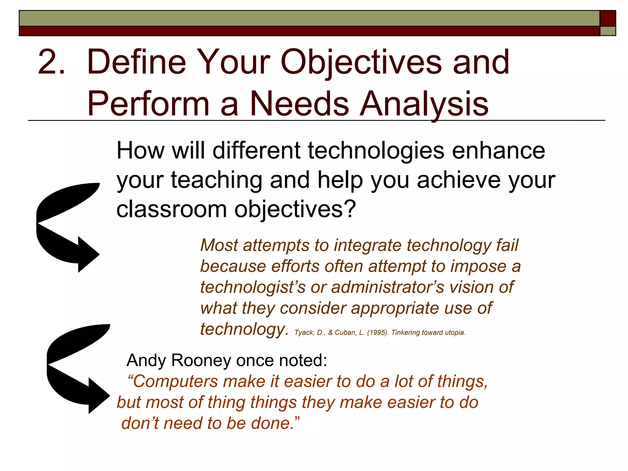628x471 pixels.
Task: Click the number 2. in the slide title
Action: (51, 62)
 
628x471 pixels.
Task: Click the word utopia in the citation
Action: (454, 333)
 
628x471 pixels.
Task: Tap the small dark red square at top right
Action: (607, 18)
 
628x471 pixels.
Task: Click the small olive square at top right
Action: (607, 31)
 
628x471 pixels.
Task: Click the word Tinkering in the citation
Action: (405, 333)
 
